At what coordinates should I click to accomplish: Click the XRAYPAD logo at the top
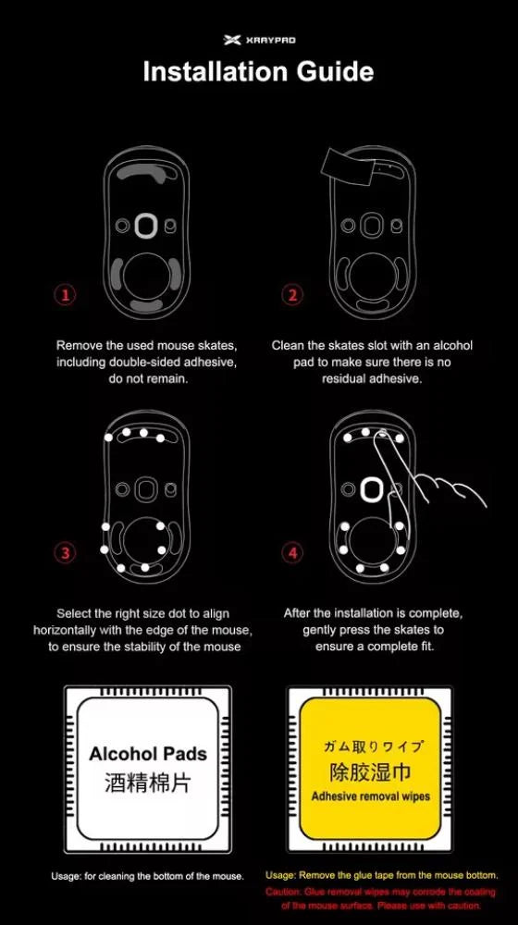(259, 40)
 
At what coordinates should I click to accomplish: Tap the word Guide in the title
(336, 72)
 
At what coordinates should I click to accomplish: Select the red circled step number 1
(65, 295)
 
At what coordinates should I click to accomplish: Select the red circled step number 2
(292, 295)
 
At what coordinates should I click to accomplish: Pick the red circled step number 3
(65, 553)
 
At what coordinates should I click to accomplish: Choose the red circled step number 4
(292, 553)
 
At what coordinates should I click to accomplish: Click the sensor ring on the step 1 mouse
(145, 226)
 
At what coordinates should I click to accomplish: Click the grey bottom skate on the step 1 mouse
(145, 304)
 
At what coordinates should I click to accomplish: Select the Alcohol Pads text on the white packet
(148, 754)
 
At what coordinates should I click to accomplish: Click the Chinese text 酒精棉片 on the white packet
(148, 783)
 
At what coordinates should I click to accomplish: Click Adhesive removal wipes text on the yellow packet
(370, 796)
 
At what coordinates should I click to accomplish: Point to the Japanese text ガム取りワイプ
(370, 746)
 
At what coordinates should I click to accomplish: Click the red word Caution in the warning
(284, 892)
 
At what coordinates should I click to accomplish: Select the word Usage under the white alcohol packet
(68, 876)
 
